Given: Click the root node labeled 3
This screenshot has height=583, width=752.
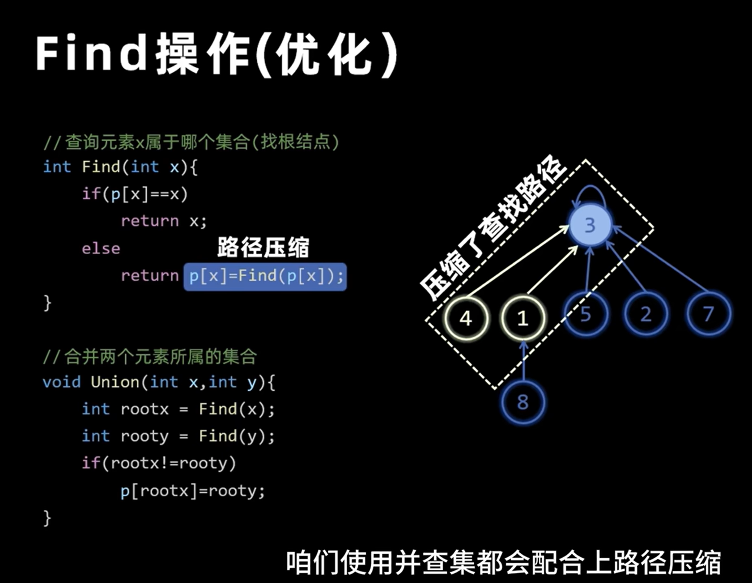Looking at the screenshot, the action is (589, 225).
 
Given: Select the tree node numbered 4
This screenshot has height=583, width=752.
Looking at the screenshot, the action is (466, 318).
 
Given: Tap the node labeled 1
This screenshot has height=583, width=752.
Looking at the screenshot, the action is (522, 318).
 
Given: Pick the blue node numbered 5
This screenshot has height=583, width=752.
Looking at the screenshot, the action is (586, 314).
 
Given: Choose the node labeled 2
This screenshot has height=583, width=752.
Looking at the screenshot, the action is (646, 314).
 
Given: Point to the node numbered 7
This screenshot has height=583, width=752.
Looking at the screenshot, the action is (708, 314).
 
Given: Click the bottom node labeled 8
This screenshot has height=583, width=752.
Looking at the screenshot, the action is (523, 402).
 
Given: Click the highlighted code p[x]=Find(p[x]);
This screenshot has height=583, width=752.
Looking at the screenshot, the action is (265, 276).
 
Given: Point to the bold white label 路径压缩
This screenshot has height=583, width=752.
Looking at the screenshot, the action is (263, 247).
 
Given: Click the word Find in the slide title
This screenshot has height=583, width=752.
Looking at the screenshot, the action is (91, 54).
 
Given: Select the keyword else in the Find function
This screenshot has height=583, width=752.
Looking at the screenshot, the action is (101, 249).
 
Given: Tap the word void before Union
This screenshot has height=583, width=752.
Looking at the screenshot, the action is (61, 382).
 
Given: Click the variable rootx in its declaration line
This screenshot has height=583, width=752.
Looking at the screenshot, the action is (145, 409).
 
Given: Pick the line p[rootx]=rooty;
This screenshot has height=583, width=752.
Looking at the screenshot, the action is (193, 490).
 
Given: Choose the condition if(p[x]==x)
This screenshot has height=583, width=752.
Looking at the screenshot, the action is (135, 194).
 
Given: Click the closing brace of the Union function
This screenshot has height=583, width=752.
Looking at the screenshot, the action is (47, 517).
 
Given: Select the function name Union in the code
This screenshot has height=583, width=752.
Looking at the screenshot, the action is (115, 382).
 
